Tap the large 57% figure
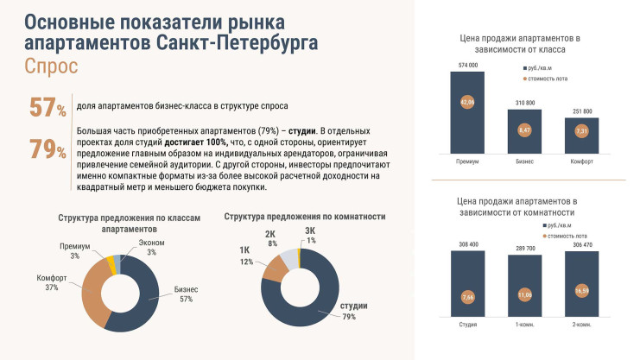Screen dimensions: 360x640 click(48, 108)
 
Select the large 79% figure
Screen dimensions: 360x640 click(48, 149)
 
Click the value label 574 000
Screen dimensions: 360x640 click(466, 65)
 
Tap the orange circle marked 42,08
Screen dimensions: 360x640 click(466, 102)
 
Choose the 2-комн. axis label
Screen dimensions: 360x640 click(582, 325)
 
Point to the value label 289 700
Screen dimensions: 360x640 click(524, 248)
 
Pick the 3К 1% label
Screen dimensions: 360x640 click(311, 236)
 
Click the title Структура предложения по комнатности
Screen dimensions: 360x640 click(304, 216)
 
